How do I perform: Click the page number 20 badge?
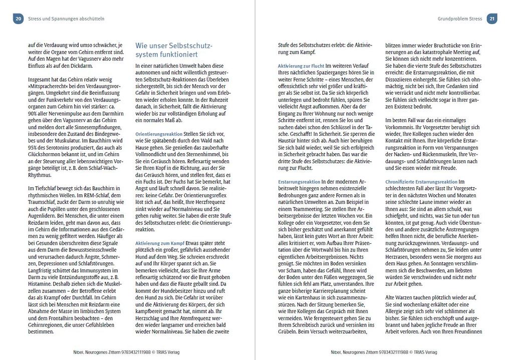[18, 19]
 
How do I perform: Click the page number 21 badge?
[492, 19]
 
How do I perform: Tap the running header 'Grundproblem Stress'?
[459, 19]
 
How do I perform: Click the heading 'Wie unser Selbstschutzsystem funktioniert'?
[174, 50]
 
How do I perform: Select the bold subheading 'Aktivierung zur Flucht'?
[301, 66]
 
